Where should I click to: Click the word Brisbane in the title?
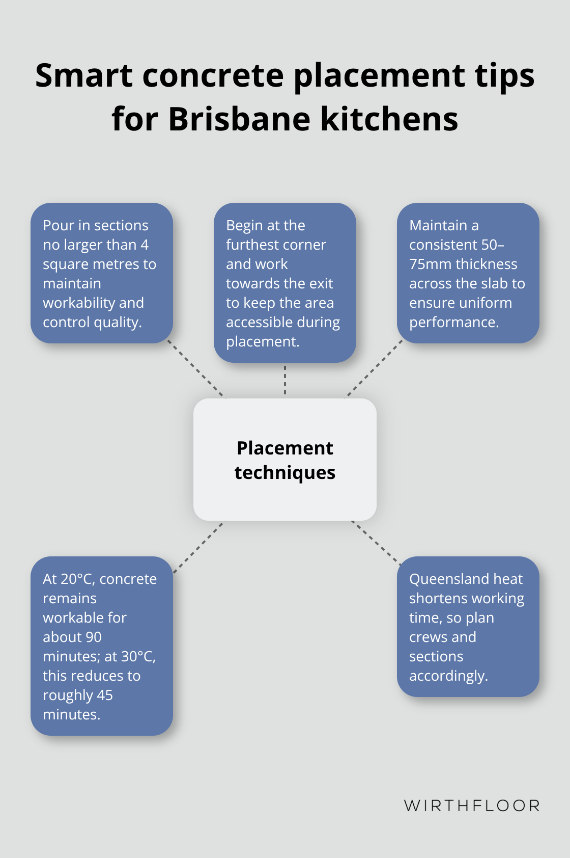[x=239, y=119]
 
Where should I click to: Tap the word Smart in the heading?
[x=84, y=75]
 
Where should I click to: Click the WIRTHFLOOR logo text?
[x=472, y=806]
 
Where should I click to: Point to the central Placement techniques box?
[x=285, y=460]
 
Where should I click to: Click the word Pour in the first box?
[x=57, y=225]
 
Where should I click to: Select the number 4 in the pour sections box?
[x=145, y=245]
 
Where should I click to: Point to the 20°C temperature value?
[x=77, y=579]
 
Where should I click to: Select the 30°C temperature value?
[x=138, y=656]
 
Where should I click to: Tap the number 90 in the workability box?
[x=94, y=637]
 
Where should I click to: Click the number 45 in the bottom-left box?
[x=105, y=695]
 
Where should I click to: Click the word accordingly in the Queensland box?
[x=448, y=676]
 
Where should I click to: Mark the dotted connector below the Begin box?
[x=285, y=380]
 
